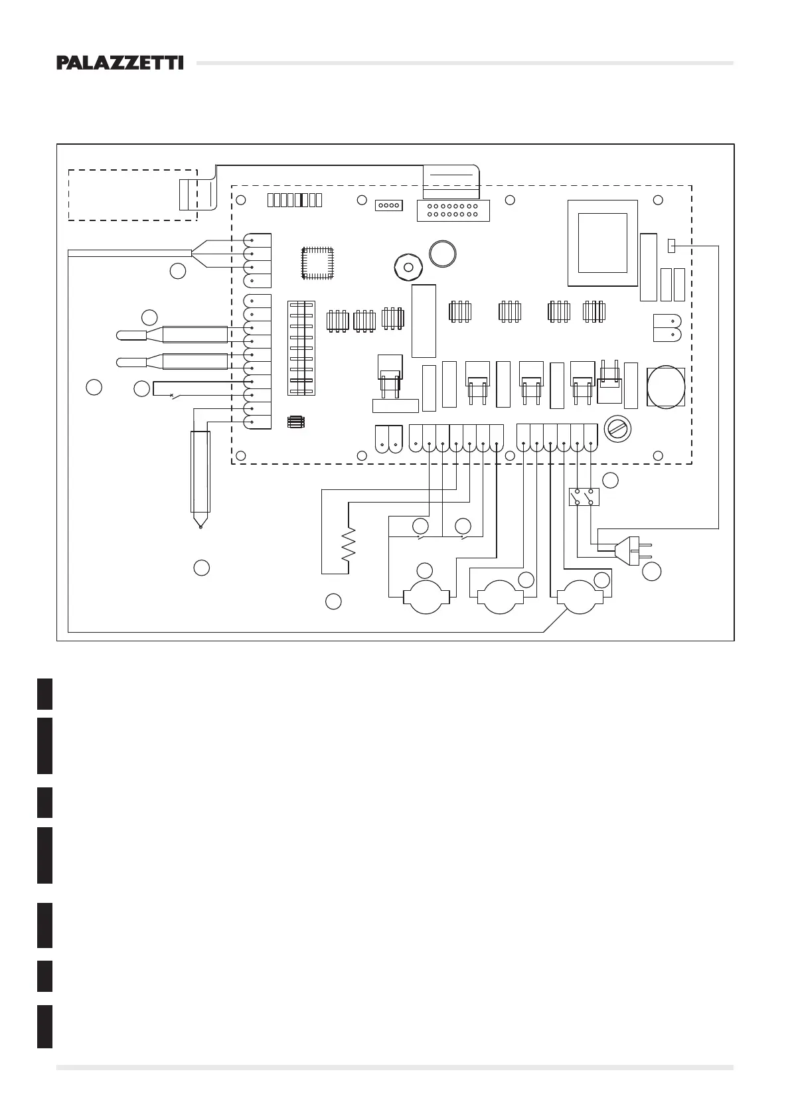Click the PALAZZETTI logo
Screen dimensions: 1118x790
coord(119,63)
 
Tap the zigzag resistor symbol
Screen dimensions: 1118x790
coord(348,544)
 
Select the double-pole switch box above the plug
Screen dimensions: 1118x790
coord(584,497)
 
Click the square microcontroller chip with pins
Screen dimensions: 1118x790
coord(317,262)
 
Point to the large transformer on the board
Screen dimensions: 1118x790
coord(602,242)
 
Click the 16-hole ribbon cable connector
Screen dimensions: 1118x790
coord(453,210)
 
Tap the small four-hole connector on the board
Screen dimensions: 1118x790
coord(388,205)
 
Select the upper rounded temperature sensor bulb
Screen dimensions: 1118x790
coord(131,335)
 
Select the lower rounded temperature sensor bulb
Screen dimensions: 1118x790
coord(131,362)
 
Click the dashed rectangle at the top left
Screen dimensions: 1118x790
coord(133,195)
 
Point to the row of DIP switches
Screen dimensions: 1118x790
coord(295,200)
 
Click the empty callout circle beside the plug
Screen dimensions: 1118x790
coord(652,571)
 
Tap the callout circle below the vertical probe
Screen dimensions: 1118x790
coord(201,568)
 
